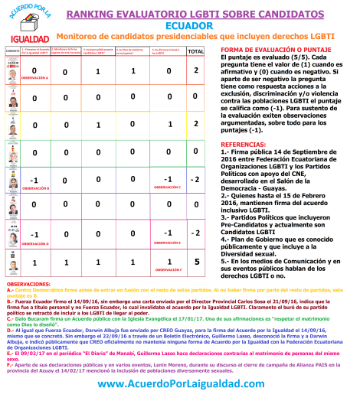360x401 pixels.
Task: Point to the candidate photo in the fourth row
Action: click(11, 152)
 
